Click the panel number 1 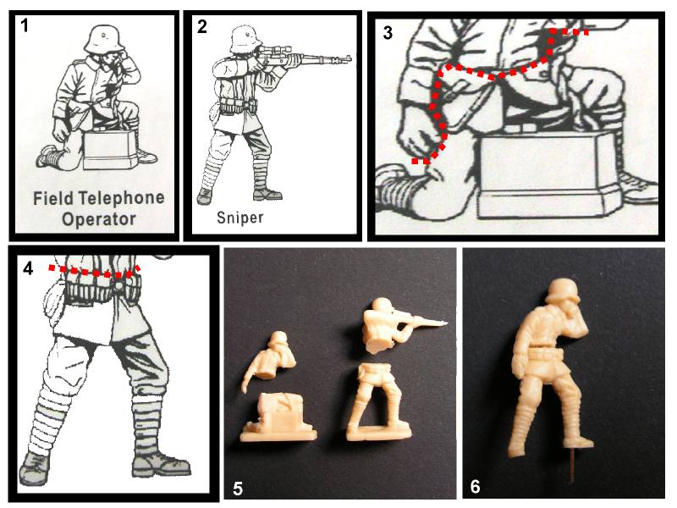click(25, 25)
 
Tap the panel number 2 click(202, 26)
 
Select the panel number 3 click(388, 33)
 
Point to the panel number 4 click(28, 268)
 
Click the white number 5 click(238, 489)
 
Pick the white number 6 click(475, 486)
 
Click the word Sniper click(240, 218)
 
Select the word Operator click(99, 219)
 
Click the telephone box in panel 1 click(112, 151)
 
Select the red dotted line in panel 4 click(95, 271)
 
